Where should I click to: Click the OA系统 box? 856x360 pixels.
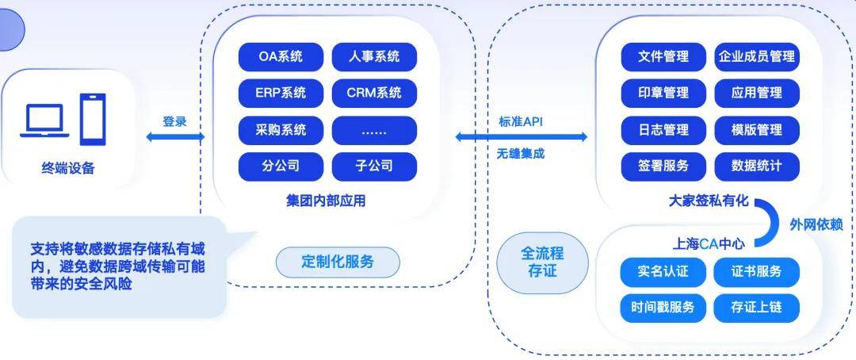pos(281,57)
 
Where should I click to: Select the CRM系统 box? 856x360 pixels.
pos(374,94)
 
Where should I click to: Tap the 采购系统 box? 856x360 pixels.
pos(281,130)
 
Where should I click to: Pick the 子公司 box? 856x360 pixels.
pos(374,167)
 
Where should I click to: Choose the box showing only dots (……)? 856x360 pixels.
pos(374,130)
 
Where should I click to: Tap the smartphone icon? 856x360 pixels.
pos(93,118)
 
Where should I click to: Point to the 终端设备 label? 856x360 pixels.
pos(68,168)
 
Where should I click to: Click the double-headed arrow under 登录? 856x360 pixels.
pos(175,137)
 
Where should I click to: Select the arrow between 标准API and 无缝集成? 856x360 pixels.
pos(522,137)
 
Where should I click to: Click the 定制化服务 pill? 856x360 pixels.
pos(338,261)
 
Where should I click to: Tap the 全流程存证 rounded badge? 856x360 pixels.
pos(542,262)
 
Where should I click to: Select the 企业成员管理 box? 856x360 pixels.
pos(756,57)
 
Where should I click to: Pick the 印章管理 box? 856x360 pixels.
pos(663,94)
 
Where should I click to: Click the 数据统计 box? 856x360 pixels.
pos(756,167)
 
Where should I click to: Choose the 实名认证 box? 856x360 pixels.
pos(663,272)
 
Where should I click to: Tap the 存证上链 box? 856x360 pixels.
pos(756,308)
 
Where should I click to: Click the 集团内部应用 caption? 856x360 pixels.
pos(327,201)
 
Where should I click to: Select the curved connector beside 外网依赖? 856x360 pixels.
pos(766,222)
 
